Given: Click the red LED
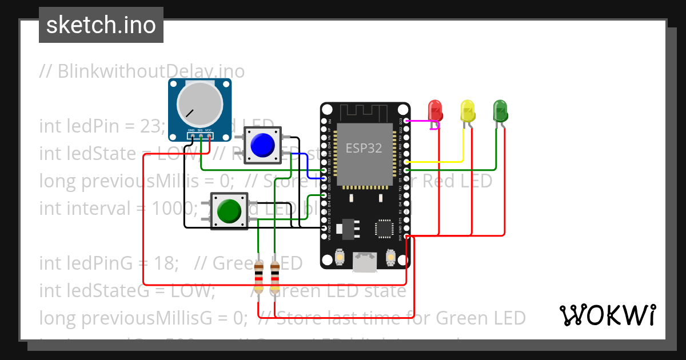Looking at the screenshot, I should tap(435, 110).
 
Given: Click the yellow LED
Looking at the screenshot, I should tap(468, 110).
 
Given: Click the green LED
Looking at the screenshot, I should tap(500, 110).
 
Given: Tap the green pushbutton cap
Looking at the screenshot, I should tap(229, 211).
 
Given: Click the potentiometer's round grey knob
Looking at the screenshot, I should tap(200, 104).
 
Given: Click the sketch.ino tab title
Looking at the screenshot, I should tap(101, 25).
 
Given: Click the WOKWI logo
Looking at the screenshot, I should tap(607, 315).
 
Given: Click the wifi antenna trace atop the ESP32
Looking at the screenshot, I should tap(364, 111).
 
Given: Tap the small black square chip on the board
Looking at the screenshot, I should tap(384, 228).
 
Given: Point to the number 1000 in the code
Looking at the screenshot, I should tap(169, 209).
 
